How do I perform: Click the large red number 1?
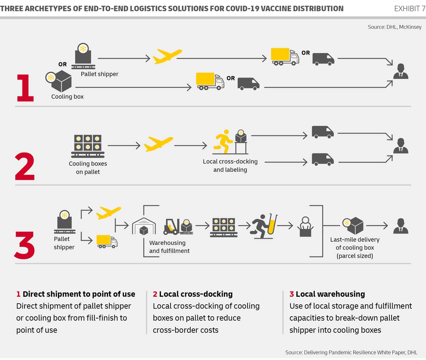[25, 88]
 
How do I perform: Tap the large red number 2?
[25, 167]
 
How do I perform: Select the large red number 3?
[25, 245]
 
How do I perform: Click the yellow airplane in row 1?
[167, 56]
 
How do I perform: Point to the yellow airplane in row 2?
[158, 144]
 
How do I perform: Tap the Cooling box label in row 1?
[67, 97]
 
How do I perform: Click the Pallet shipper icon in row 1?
[83, 56]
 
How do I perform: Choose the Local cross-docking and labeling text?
[230, 165]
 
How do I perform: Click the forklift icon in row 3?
[171, 227]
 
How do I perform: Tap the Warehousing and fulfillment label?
[169, 247]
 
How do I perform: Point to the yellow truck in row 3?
[107, 241]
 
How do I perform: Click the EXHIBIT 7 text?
[409, 9]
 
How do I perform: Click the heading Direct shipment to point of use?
[79, 294]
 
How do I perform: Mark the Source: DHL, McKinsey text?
[394, 27]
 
